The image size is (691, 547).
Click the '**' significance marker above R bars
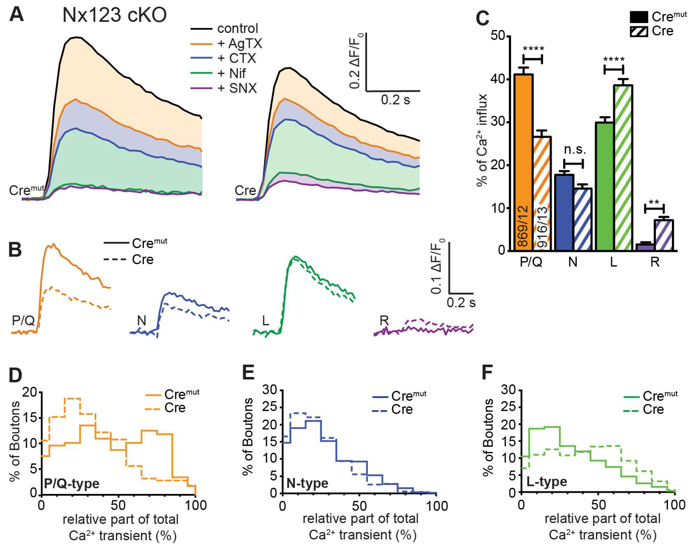click(x=654, y=202)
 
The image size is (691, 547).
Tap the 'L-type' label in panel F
click(x=547, y=482)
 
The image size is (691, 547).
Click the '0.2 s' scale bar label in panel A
click(x=395, y=100)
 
